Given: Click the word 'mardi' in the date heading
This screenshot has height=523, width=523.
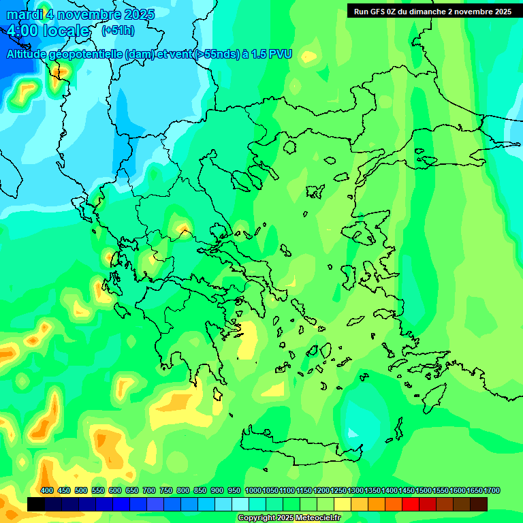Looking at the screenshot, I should [x=25, y=14].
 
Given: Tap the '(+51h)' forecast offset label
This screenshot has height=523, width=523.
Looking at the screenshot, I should [x=118, y=31].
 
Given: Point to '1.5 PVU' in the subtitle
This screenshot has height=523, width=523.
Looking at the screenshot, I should [x=269, y=54].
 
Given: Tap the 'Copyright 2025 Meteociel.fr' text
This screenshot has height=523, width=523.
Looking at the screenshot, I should [x=289, y=518].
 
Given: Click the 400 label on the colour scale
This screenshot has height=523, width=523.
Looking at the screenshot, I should [x=47, y=490].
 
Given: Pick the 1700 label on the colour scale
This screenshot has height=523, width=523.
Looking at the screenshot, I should [x=492, y=490].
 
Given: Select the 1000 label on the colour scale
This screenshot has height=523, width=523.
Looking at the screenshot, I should [x=253, y=490].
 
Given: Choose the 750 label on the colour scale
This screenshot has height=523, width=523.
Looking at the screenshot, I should [x=166, y=490].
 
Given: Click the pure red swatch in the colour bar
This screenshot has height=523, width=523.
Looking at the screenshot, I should [x=411, y=504].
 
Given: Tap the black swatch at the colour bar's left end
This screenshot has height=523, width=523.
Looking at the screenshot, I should [x=36, y=504].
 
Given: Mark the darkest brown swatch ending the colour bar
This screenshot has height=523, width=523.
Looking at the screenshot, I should [x=479, y=504].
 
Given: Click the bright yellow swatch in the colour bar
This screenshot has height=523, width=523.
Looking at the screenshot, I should [x=343, y=504].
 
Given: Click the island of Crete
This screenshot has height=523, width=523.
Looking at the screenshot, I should [x=300, y=446].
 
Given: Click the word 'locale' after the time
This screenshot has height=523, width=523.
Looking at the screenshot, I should [x=66, y=31].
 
